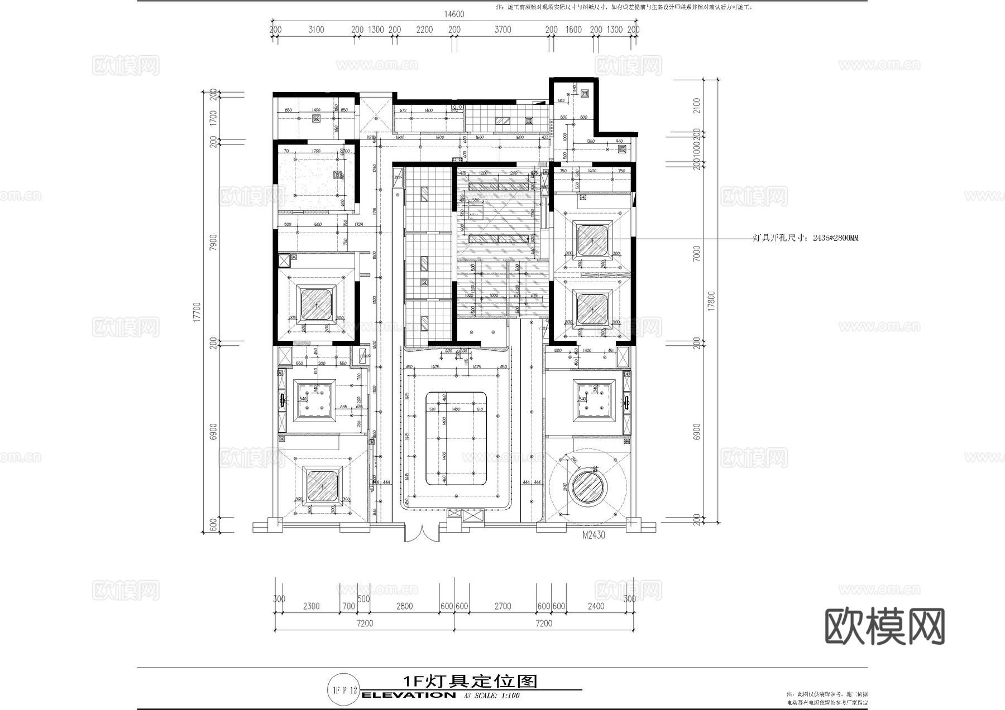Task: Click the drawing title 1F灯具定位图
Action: point(470,681)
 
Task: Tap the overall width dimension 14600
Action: point(454,15)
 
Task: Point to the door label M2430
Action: point(594,535)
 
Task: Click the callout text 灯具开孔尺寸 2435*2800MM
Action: point(806,238)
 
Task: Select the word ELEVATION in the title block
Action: point(408,695)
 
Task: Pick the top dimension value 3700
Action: point(502,30)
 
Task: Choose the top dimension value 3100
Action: point(316,30)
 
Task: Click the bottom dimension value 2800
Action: point(404,606)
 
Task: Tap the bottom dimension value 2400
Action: point(596,606)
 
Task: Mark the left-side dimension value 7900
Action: point(213,243)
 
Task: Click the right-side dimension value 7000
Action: point(696,254)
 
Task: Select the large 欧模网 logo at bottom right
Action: point(885,626)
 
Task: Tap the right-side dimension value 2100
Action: point(696,105)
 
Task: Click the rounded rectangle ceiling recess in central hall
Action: point(456,438)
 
